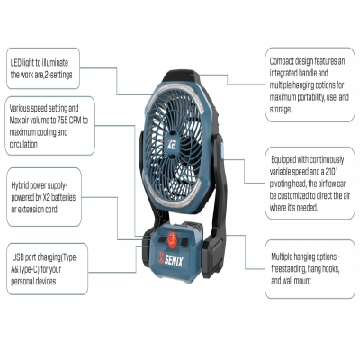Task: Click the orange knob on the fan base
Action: [172, 239]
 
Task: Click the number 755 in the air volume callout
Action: [64, 121]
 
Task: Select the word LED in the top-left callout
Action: [15, 63]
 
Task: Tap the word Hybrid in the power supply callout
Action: [20, 185]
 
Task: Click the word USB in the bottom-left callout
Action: [18, 257]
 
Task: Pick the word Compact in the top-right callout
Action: [281, 61]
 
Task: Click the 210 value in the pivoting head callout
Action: [331, 172]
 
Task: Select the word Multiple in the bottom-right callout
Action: [282, 257]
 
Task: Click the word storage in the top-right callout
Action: [281, 110]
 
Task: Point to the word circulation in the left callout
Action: [23, 145]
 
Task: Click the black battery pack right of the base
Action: [213, 256]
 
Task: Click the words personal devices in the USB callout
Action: [33, 282]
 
